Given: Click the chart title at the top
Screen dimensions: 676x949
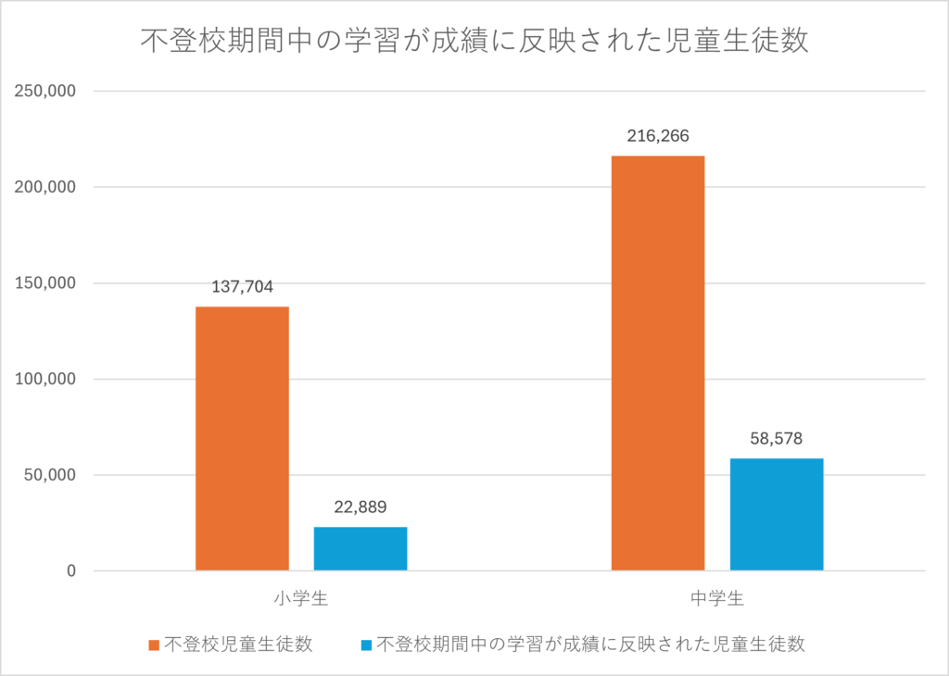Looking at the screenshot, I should pyautogui.click(x=474, y=42).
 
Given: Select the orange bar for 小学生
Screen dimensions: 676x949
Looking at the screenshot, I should pyautogui.click(x=242, y=438).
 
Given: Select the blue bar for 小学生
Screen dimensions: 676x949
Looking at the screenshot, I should pyautogui.click(x=361, y=548).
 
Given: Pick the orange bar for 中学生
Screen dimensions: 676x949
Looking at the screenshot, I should pyautogui.click(x=658, y=363).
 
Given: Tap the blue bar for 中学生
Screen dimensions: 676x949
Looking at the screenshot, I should pyautogui.click(x=777, y=514).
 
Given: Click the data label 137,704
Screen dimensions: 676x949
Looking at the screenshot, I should pyautogui.click(x=242, y=287).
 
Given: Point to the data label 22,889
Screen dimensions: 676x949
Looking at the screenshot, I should pyautogui.click(x=361, y=507).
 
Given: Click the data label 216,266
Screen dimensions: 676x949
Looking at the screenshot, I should pyautogui.click(x=658, y=136).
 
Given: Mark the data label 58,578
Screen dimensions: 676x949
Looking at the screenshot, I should pyautogui.click(x=777, y=439).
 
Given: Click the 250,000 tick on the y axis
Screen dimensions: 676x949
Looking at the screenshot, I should pyautogui.click(x=44, y=92).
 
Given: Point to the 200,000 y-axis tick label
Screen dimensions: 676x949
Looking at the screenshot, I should pyautogui.click(x=44, y=187).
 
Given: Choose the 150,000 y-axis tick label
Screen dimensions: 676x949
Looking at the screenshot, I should pyautogui.click(x=44, y=283).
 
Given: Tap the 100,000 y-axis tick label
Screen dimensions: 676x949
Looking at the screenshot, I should pyautogui.click(x=44, y=380).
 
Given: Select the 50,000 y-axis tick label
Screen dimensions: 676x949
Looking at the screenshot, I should pyautogui.click(x=47, y=475).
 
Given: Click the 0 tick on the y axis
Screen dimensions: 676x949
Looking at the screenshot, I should pyautogui.click(x=70, y=571).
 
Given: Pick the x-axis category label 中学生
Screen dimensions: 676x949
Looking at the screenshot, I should pyautogui.click(x=717, y=599).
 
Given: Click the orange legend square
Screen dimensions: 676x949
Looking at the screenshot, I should pyautogui.click(x=154, y=645).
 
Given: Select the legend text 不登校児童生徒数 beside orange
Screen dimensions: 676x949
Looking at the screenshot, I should pyautogui.click(x=238, y=645).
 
